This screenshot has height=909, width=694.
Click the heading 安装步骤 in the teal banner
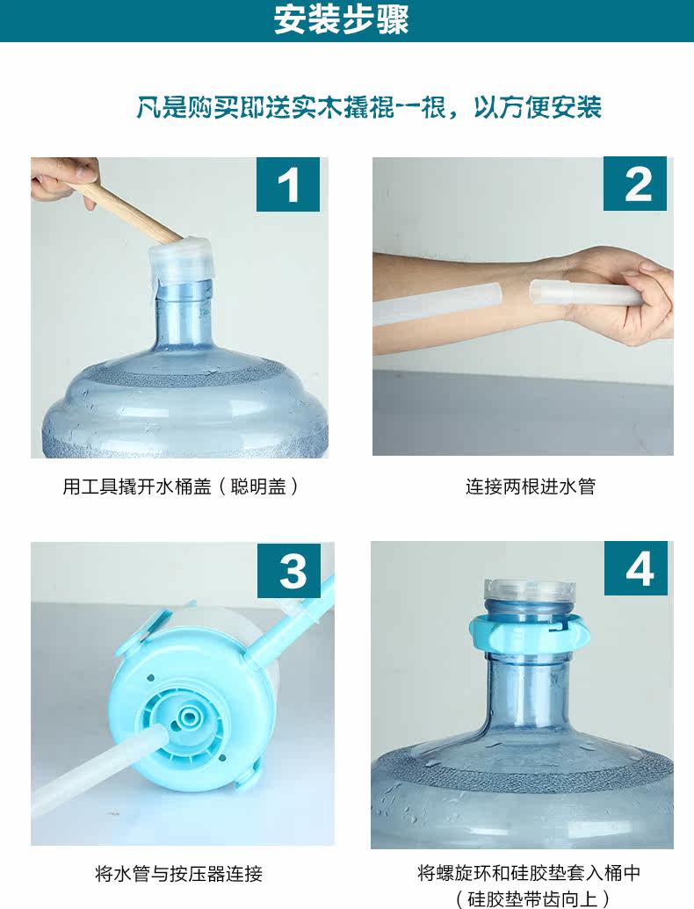point(342,19)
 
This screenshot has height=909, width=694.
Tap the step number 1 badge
point(288,184)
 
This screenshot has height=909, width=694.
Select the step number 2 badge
point(635,184)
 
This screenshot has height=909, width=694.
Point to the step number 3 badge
point(289,571)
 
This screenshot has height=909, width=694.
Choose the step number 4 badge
point(636,569)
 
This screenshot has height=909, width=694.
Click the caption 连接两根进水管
point(530,486)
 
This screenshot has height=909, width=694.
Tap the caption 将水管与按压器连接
point(178,873)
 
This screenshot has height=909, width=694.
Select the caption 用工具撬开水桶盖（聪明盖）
point(181,486)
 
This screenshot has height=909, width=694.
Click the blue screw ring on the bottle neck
point(530,632)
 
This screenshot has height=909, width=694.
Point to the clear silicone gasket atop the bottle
point(530,591)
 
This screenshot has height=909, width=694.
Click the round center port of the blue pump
point(188,718)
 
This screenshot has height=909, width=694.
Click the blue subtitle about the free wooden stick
point(369,107)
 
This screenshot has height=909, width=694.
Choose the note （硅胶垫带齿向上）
point(532,898)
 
